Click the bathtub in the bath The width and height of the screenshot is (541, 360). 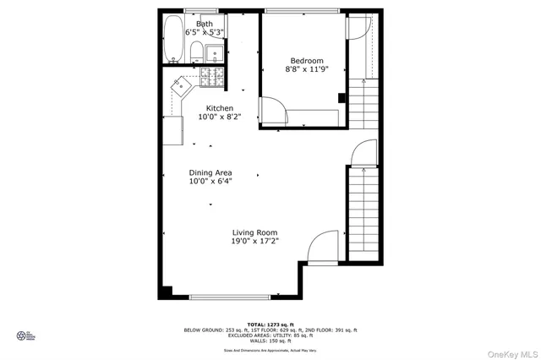[x=172, y=39]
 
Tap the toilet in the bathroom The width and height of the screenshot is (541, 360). [x=195, y=52]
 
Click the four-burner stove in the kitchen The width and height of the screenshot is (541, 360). [x=210, y=77]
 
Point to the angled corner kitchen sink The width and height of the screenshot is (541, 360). [x=183, y=86]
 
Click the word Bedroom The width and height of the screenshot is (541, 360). [x=307, y=61]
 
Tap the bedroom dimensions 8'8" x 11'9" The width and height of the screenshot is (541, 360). [x=307, y=71]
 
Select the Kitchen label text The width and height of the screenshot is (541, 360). [x=220, y=108]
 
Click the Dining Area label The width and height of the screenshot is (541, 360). [x=210, y=172]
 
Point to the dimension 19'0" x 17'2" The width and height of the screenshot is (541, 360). [x=254, y=242]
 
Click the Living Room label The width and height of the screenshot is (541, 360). [x=254, y=232]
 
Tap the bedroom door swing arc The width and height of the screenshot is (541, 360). [x=271, y=109]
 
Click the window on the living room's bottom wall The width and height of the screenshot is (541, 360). [x=230, y=297]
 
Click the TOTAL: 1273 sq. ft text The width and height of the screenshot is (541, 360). [x=270, y=325]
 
